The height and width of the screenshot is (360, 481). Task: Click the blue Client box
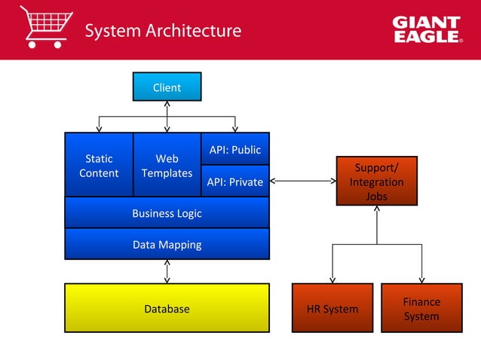167,87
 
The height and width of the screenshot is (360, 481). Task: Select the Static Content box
99,166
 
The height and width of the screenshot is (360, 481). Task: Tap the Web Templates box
167,166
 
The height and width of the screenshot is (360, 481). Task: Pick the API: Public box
235,149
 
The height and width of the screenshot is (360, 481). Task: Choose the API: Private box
235,182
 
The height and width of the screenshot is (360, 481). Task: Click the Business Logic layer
167,213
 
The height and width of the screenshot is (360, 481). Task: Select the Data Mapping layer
167,244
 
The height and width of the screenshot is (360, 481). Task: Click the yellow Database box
167,308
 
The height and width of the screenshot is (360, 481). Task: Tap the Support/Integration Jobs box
376,181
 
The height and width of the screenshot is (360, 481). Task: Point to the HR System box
332,308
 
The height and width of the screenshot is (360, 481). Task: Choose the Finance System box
421,308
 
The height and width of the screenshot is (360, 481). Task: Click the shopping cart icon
46,27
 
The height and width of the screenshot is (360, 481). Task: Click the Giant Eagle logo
427,30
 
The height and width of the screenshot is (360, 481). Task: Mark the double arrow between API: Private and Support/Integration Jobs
303,181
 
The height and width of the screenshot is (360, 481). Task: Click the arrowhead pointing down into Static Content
99,129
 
